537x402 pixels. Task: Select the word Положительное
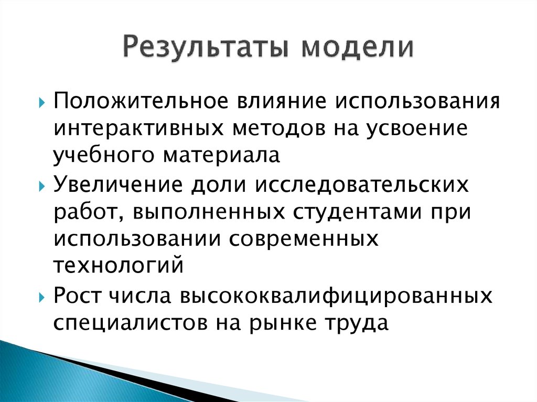coord(138,100)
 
